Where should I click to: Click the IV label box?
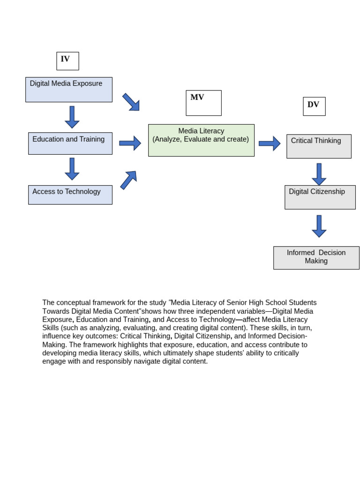(x=67, y=61)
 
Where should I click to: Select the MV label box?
(x=203, y=103)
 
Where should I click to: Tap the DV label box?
(x=314, y=106)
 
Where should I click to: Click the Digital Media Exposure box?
(x=69, y=90)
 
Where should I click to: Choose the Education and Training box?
(x=70, y=143)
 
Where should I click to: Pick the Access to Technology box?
(x=70, y=195)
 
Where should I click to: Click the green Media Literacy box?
(x=201, y=140)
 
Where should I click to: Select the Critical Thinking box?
(x=319, y=146)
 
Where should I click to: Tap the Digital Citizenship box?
(x=320, y=197)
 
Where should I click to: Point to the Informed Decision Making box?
(x=316, y=258)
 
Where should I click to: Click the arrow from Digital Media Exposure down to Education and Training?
(x=72, y=117)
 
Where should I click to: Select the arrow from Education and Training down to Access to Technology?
(x=72, y=169)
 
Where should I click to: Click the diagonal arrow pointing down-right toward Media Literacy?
(x=131, y=102)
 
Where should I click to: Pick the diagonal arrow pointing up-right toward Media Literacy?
(x=128, y=180)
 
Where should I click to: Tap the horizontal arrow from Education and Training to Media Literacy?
(x=130, y=143)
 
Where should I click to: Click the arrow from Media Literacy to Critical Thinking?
(x=270, y=143)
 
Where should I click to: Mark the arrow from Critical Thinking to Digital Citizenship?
(x=319, y=174)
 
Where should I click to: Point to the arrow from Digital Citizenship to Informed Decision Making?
(x=319, y=226)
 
